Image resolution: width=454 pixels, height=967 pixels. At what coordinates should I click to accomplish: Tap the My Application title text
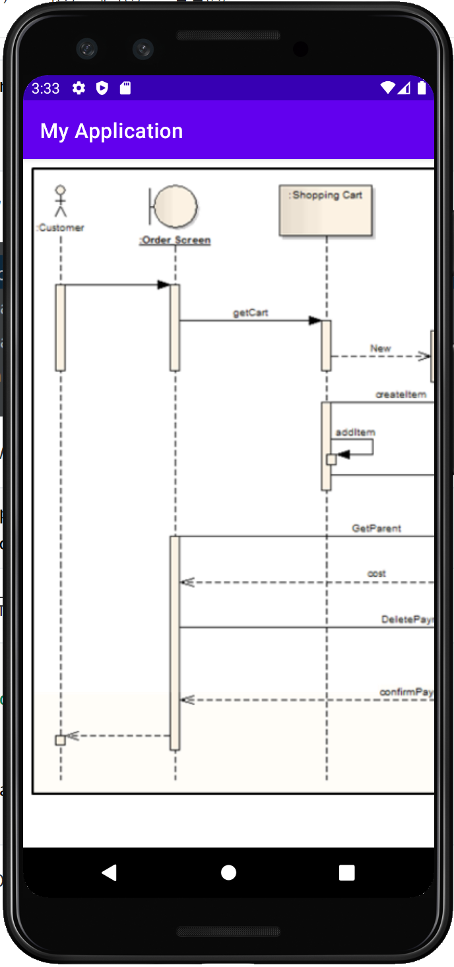(x=112, y=131)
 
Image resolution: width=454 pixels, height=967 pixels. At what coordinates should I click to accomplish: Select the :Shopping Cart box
(x=326, y=211)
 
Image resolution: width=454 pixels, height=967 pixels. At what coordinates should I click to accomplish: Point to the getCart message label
(x=251, y=312)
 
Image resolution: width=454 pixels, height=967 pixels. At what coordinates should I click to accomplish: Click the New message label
(x=381, y=348)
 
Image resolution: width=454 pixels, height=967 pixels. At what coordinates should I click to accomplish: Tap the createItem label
(x=401, y=394)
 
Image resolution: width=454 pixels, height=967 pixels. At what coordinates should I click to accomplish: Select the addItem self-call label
(x=355, y=432)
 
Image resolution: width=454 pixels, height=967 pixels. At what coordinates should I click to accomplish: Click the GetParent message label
(x=376, y=528)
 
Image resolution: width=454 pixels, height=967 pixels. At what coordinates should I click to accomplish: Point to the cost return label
(x=377, y=574)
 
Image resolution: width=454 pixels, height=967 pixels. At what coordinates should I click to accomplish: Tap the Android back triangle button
(x=110, y=873)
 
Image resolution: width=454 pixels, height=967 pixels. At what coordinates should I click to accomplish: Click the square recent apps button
(x=347, y=873)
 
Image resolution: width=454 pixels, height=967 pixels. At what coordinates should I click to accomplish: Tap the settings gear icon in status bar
(x=79, y=88)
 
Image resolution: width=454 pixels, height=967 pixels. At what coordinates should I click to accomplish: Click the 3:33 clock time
(x=46, y=88)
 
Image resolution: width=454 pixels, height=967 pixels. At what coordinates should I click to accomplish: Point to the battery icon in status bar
(x=422, y=88)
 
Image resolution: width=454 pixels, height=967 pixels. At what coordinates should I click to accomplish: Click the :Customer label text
(x=60, y=228)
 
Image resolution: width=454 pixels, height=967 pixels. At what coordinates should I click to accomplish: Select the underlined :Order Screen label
(x=175, y=240)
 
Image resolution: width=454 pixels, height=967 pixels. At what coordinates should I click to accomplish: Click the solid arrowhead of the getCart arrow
(x=315, y=321)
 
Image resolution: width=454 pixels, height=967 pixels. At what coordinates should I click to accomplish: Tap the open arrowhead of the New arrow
(x=424, y=356)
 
